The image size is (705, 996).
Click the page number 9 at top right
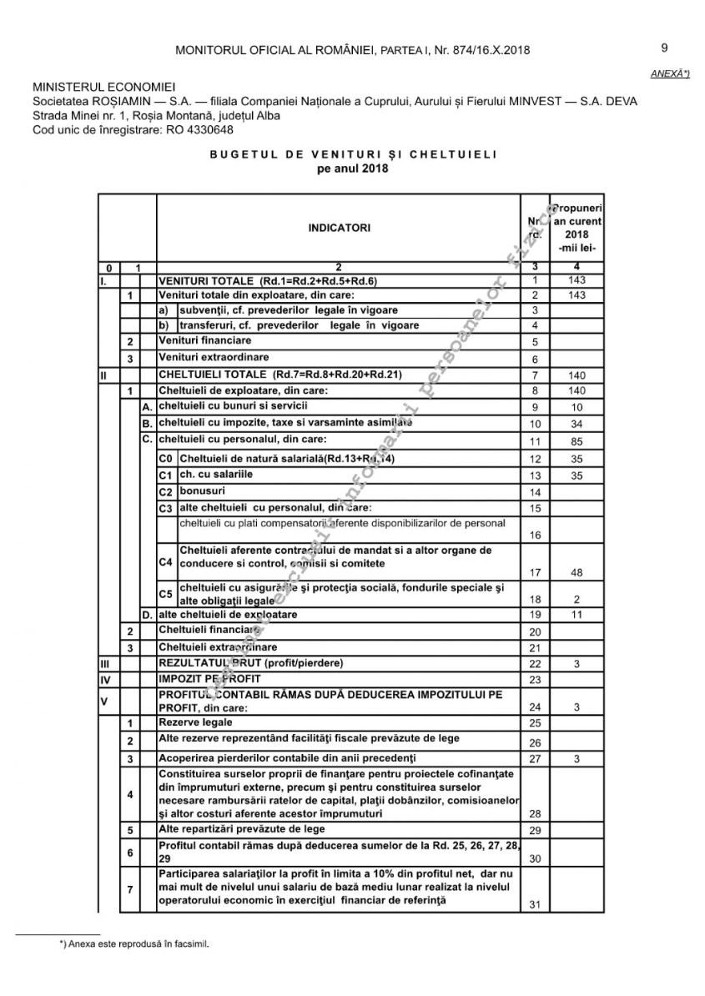(x=664, y=48)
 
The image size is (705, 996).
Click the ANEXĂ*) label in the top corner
(x=670, y=74)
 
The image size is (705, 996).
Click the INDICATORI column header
(x=339, y=228)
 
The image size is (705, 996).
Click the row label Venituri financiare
(x=205, y=340)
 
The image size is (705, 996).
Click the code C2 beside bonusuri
(x=165, y=492)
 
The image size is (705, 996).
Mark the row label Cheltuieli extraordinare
(x=218, y=646)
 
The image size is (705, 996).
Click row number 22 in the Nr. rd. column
(x=535, y=664)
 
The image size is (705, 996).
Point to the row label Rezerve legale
(x=195, y=722)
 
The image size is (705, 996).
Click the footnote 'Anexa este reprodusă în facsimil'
(x=134, y=946)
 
